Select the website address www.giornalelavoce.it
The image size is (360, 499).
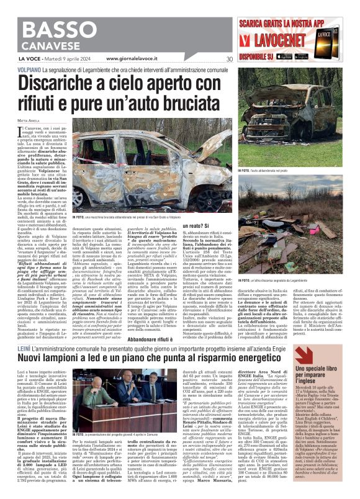133,59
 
